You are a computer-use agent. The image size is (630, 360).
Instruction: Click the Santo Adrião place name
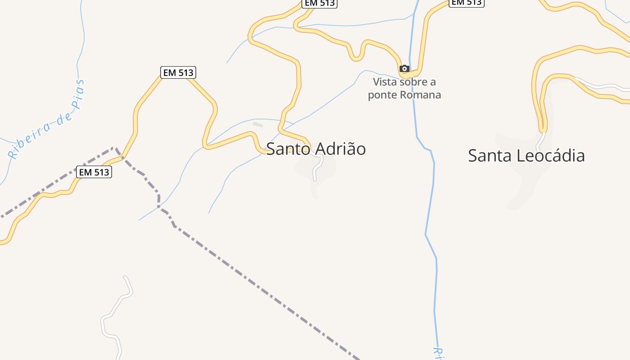316,148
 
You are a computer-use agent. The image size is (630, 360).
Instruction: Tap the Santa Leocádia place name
526,156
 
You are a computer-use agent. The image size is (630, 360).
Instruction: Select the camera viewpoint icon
405,68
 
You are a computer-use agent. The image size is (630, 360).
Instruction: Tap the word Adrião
341,148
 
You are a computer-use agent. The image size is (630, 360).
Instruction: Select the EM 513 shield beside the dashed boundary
94,172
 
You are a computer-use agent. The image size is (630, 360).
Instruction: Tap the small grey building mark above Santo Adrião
257,124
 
